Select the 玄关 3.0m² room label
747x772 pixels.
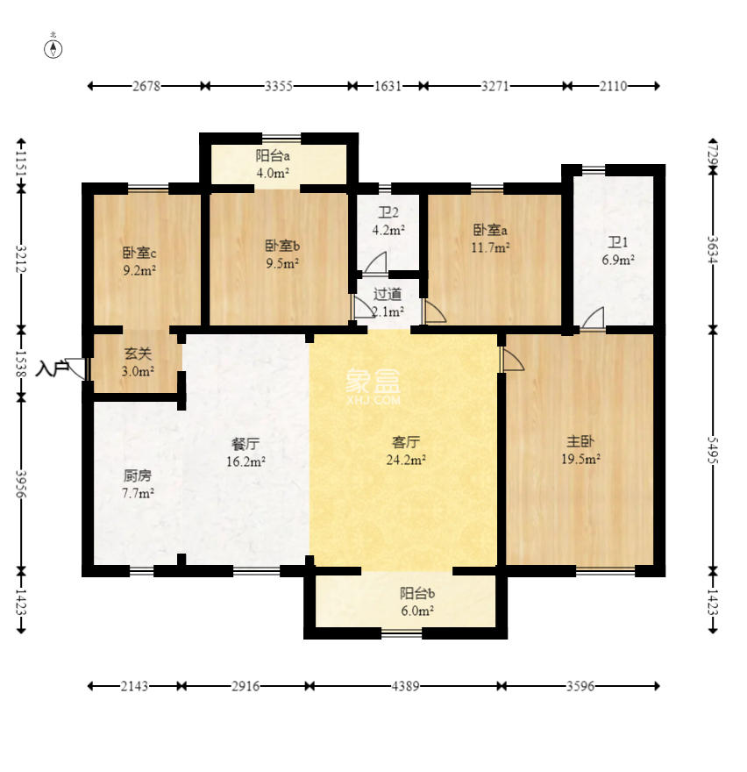pyautogui.click(x=138, y=361)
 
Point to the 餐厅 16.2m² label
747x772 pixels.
pyautogui.click(x=245, y=453)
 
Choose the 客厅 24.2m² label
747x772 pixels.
pyautogui.click(x=406, y=451)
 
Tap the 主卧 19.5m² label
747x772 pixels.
pyautogui.click(x=580, y=450)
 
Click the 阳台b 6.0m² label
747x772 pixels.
pyautogui.click(x=417, y=602)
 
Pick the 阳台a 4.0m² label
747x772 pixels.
pyautogui.click(x=273, y=164)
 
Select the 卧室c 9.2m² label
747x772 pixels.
pyautogui.click(x=139, y=261)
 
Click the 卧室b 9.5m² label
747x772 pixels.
pyautogui.click(x=282, y=254)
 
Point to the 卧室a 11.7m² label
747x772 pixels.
pyautogui.click(x=490, y=239)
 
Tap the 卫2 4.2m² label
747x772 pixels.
pyautogui.click(x=388, y=221)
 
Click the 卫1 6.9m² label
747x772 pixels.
pyautogui.click(x=618, y=251)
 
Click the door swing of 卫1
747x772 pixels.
pyautogui.click(x=594, y=318)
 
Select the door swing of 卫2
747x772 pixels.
pyautogui.click(x=375, y=262)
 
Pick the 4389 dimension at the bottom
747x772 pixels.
pyautogui.click(x=405, y=686)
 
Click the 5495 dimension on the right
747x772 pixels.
pyautogui.click(x=713, y=449)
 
